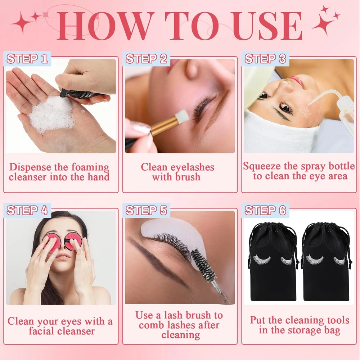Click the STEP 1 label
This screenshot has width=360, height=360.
pyautogui.click(x=27, y=59)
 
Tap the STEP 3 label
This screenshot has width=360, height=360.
pyautogui.click(x=265, y=59)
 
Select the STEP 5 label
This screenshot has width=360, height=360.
pyautogui.click(x=146, y=210)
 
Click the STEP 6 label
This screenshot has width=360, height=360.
pyautogui.click(x=265, y=210)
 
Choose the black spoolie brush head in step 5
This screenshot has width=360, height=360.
pyautogui.click(x=203, y=264)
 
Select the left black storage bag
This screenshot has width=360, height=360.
pyautogui.click(x=273, y=262)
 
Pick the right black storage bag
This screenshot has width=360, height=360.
pyautogui.click(x=327, y=262)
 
